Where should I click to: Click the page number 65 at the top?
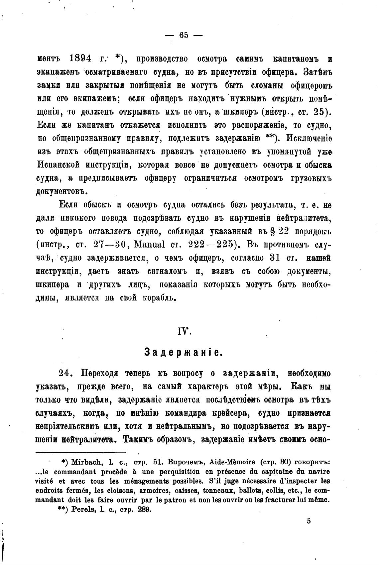(184, 35)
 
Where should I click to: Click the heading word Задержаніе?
(184, 352)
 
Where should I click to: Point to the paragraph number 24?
(65, 373)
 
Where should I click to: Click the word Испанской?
(58, 165)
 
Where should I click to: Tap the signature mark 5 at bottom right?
(309, 521)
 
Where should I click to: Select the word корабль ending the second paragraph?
(159, 298)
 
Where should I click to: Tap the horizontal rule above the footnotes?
(81, 452)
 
